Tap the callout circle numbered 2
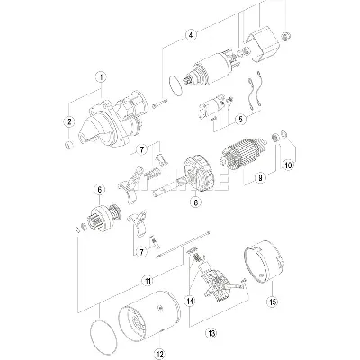tap(67, 121)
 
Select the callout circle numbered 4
tap(191, 35)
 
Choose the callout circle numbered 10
tap(288, 165)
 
